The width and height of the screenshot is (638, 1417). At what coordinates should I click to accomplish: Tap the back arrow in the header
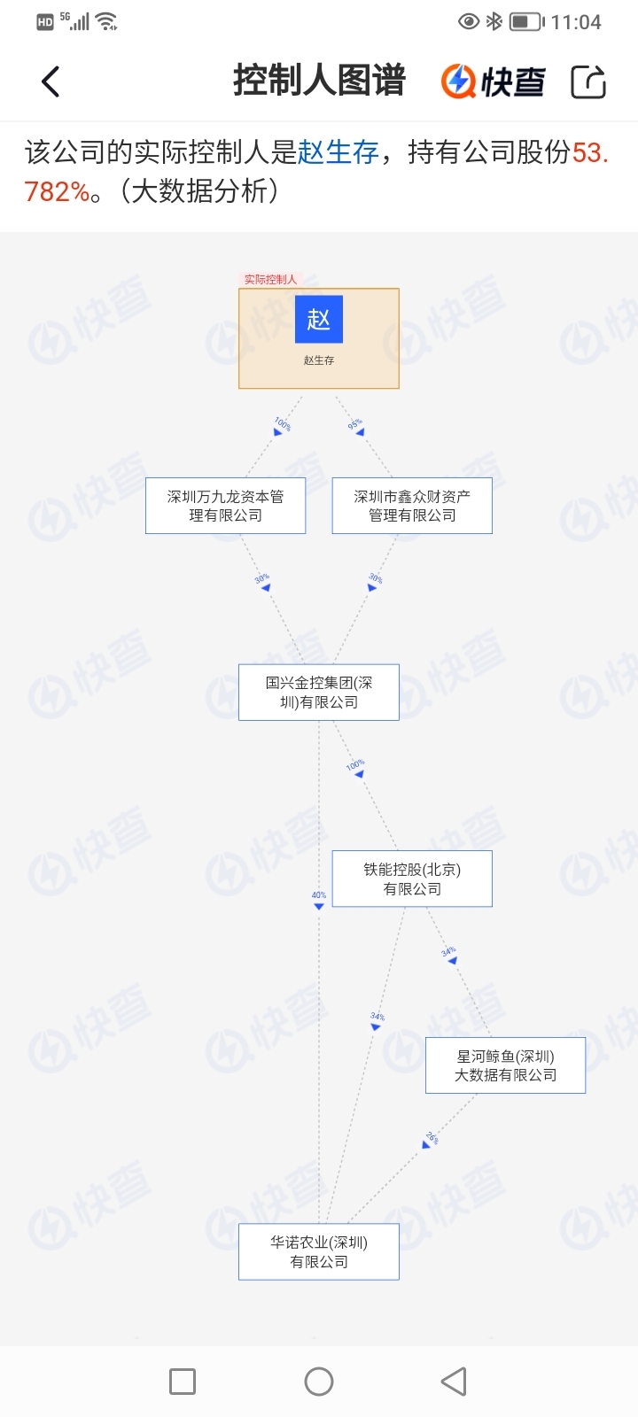[x=51, y=81]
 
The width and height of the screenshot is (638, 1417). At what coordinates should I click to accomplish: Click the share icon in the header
[x=588, y=81]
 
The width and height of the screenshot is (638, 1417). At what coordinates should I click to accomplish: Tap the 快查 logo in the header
[x=494, y=81]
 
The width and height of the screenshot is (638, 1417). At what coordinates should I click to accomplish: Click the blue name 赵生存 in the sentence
[x=338, y=152]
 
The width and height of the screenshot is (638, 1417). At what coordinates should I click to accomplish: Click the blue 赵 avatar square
[x=319, y=319]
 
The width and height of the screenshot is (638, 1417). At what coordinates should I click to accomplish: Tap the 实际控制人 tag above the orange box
[x=270, y=279]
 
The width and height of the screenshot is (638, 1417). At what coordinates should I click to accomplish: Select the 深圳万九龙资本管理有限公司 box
[x=226, y=506]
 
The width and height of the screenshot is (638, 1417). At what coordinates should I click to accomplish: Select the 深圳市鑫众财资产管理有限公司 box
[x=412, y=506]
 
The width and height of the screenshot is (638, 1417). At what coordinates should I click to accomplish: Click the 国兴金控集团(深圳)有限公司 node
[x=319, y=693]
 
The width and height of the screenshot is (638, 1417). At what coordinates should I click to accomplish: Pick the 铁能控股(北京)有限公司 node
[x=412, y=879]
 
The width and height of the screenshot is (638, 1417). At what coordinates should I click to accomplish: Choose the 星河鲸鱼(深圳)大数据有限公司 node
[x=505, y=1065]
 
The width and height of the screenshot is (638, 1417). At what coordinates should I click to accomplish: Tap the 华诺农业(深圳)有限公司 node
[x=319, y=1251]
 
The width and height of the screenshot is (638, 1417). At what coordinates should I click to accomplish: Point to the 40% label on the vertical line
[x=319, y=895]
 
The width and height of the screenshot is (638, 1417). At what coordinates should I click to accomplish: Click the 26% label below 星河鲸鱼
[x=432, y=1137]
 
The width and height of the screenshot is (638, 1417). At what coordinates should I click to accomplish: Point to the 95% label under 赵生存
[x=354, y=424]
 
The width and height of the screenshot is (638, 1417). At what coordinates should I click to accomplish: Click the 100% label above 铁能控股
[x=355, y=764]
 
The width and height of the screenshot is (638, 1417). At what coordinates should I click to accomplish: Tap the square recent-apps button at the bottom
[x=183, y=1382]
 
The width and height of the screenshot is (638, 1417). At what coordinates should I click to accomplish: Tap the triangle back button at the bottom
[x=454, y=1382]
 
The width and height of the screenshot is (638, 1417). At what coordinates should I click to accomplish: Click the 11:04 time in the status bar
[x=576, y=22]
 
